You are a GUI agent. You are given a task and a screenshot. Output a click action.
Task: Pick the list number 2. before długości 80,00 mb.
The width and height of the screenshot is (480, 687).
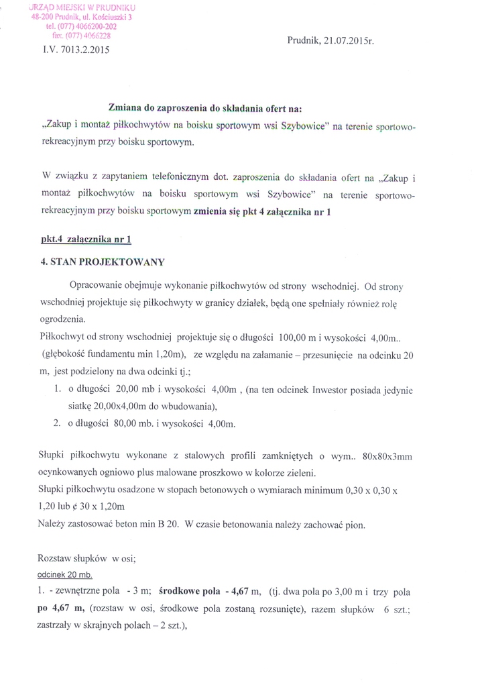57,423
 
